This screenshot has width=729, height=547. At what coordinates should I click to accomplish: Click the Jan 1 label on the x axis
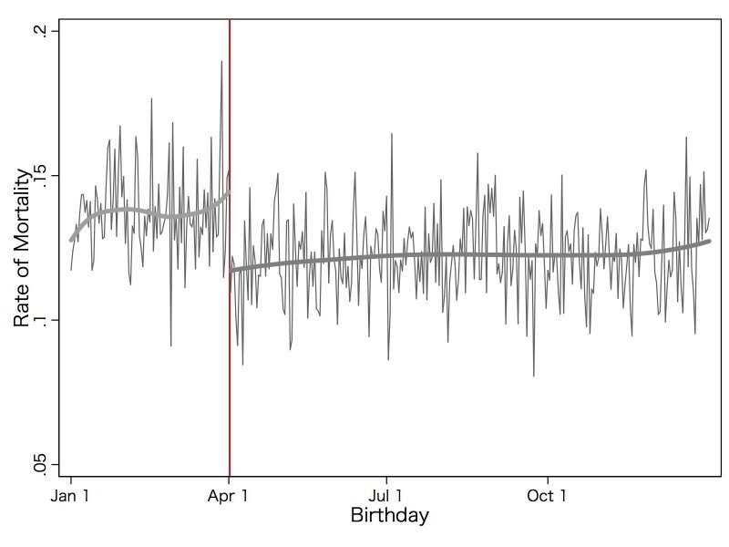pos(70,497)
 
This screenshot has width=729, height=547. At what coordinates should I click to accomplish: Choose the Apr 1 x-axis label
pos(229,497)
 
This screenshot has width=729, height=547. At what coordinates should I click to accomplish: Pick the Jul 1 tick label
pos(387,497)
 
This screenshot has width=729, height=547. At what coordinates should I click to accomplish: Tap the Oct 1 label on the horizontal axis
pos(548,497)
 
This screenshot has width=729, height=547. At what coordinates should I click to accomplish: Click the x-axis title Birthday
pos(389,516)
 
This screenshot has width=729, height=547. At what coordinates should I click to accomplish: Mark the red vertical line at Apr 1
pos(229,365)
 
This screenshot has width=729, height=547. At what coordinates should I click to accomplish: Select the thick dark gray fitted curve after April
pos(456,254)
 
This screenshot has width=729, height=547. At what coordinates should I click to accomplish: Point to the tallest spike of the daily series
pos(221,62)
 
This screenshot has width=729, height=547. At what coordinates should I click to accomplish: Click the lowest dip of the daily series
pos(534,375)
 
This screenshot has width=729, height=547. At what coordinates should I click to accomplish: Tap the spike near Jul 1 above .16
pos(392,134)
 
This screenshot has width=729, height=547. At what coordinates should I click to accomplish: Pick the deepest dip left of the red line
pos(170,345)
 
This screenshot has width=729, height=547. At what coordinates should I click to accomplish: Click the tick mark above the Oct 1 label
pos(548,480)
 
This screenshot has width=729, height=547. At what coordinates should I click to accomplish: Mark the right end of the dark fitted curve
pos(709,242)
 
